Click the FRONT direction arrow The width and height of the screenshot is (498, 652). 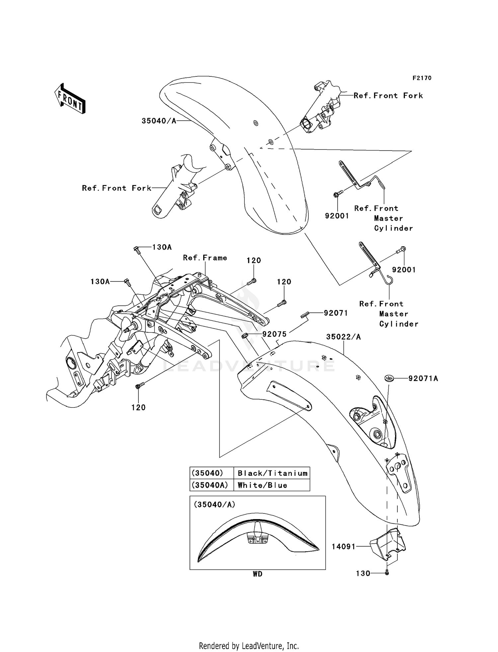70,98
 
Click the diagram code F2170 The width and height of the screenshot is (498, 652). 422,78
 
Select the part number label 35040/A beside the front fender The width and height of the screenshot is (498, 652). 159,121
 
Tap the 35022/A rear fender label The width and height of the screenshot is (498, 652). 343,337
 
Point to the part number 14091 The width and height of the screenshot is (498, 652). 344,547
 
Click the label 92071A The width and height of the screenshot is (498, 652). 423,379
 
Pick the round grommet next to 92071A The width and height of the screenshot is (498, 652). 389,378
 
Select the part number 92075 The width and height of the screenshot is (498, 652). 275,334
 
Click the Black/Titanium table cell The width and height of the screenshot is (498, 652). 272,473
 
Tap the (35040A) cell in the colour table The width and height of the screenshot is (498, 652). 211,485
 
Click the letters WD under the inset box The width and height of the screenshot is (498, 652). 257,574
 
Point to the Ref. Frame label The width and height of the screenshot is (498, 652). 205,258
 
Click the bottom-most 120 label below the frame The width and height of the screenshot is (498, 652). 138,407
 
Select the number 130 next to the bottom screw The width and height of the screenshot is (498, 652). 363,574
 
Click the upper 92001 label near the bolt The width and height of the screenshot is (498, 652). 337,216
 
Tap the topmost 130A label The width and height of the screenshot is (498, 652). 162,247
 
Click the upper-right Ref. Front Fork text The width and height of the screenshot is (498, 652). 388,96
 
